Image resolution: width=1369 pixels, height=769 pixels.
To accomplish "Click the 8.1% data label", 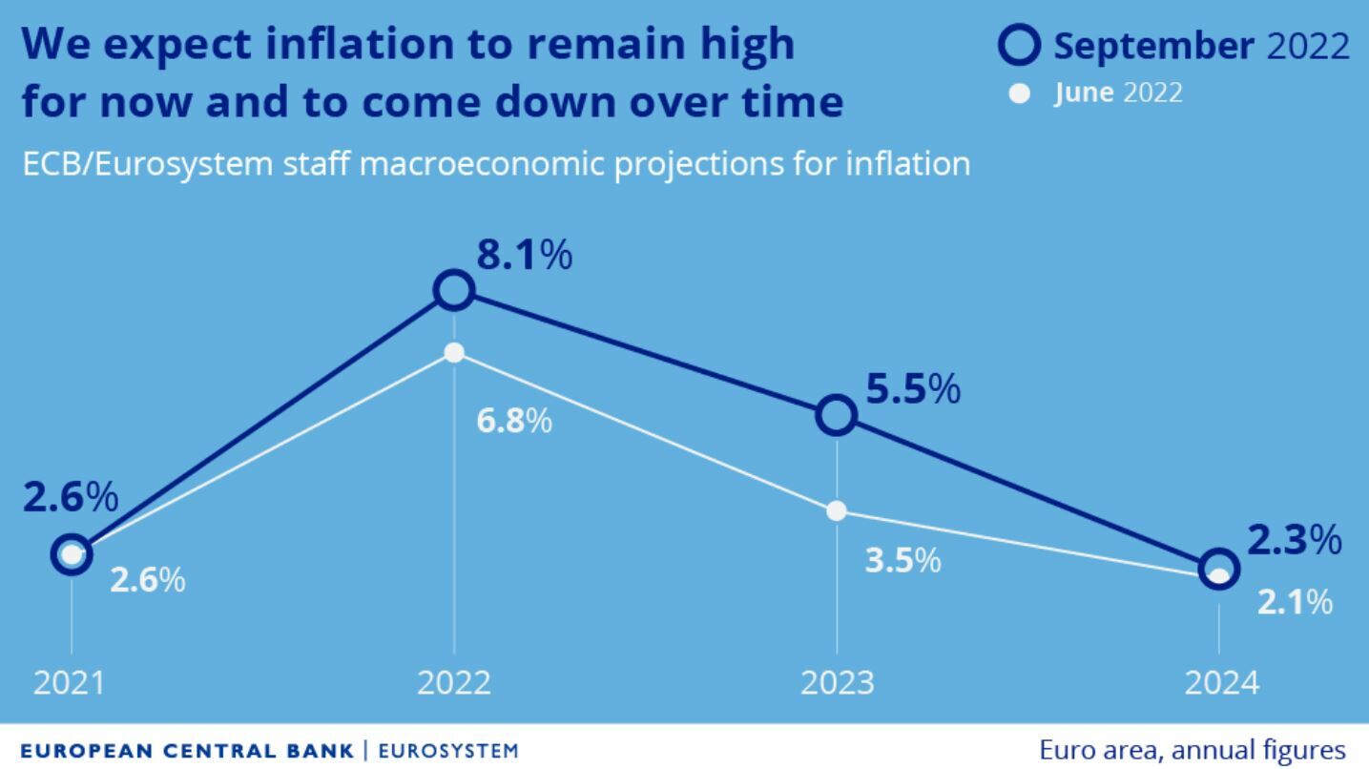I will click(525, 256).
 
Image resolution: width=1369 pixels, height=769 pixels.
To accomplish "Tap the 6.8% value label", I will click(514, 421).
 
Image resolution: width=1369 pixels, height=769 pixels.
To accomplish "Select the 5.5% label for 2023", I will click(913, 389).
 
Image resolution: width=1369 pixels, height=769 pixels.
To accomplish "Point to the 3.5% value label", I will click(902, 561).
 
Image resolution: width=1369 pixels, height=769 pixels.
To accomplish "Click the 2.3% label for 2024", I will click(1295, 541).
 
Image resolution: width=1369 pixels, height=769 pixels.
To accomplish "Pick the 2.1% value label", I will click(1295, 602).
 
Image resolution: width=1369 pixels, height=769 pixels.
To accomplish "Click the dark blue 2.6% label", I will click(71, 497).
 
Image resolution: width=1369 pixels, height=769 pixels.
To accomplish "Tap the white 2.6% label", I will click(147, 580).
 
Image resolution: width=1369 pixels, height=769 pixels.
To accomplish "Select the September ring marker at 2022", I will click(454, 290).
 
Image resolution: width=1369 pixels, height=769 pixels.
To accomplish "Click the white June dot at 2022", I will click(454, 353).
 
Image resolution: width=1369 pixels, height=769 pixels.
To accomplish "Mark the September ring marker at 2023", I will click(837, 415).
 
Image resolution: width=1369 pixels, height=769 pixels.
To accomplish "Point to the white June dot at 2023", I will click(837, 510).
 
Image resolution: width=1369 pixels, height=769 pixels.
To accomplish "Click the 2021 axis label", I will click(70, 683).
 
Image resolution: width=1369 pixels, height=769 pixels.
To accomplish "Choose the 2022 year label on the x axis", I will click(454, 683).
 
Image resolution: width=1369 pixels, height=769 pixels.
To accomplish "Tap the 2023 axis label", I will click(837, 683).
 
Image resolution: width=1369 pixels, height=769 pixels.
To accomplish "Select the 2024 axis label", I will click(1221, 683).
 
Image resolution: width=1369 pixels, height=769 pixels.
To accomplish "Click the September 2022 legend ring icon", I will click(1019, 47).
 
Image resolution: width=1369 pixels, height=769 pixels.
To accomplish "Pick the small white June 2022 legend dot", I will click(1020, 94).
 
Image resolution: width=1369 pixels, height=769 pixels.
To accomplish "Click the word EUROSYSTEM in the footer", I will click(448, 751).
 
